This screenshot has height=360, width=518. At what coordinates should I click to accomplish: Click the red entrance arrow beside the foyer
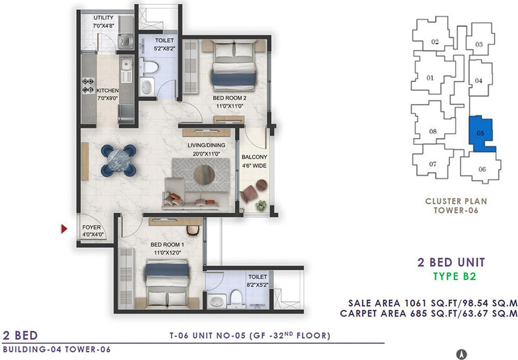tap(64, 228)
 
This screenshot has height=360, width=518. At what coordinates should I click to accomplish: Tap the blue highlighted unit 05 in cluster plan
tap(481, 133)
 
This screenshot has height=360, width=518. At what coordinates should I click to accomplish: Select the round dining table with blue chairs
tap(118, 160)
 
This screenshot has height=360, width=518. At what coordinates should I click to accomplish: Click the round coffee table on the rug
tap(204, 174)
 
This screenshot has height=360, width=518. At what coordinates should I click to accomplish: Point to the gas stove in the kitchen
tap(88, 85)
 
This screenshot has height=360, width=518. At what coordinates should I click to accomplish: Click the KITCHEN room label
tap(107, 90)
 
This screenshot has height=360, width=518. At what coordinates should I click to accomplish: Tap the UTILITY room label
tap(103, 18)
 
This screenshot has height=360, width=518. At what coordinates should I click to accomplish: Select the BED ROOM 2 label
tap(230, 98)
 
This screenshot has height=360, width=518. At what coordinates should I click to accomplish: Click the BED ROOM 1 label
tap(167, 245)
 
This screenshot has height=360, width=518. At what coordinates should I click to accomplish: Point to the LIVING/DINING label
tap(206, 145)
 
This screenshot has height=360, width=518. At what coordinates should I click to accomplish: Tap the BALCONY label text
tap(255, 157)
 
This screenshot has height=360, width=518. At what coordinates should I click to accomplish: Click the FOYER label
tap(91, 228)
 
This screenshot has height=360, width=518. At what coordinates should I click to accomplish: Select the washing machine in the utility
tap(126, 40)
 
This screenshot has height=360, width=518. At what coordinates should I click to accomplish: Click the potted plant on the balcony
tap(261, 205)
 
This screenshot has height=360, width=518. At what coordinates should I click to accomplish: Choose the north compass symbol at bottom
tap(461, 354)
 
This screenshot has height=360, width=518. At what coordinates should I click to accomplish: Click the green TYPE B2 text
tap(454, 276)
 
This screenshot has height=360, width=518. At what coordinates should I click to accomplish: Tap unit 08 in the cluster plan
tap(433, 131)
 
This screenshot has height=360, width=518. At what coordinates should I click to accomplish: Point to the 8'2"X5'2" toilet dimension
tap(257, 285)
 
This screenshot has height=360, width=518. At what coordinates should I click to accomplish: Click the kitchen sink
tap(126, 64)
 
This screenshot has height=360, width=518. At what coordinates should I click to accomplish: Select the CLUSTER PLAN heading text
tap(456, 201)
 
